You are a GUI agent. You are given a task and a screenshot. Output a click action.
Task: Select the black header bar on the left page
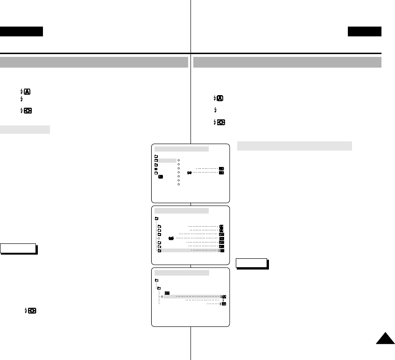click(21, 32)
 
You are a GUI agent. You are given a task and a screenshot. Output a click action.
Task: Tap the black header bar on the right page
click(364, 32)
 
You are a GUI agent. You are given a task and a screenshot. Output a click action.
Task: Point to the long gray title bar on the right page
click(288, 62)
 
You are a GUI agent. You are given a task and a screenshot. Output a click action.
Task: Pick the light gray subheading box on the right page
click(294, 146)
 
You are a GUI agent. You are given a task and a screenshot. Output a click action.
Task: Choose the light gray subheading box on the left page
click(25, 129)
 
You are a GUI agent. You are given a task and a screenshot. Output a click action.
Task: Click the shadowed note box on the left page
click(18, 248)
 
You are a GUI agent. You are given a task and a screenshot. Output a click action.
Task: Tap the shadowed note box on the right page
click(251, 263)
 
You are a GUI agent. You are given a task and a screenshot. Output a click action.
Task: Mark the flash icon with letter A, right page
click(219, 98)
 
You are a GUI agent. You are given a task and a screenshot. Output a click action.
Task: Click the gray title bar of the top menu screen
click(181, 149)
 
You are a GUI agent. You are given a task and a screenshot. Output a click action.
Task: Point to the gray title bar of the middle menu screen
click(181, 211)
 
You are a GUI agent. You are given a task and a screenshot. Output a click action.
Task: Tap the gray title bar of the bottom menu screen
click(181, 272)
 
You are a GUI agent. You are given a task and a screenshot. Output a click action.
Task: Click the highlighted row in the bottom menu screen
click(194, 296)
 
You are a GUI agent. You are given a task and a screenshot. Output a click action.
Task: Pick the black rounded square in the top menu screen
click(161, 177)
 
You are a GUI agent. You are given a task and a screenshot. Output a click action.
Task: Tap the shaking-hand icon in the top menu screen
click(189, 173)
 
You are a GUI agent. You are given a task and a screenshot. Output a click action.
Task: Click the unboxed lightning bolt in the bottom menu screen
click(223, 300)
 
